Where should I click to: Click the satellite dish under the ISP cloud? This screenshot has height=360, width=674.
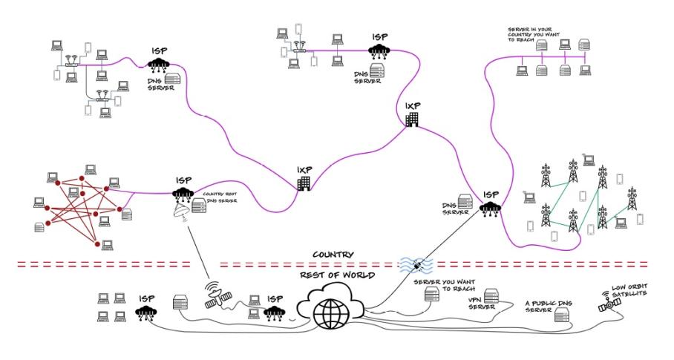(180, 212)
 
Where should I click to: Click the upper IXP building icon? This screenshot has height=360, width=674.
(412, 119)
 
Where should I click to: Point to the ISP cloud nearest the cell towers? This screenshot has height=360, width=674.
(489, 209)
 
